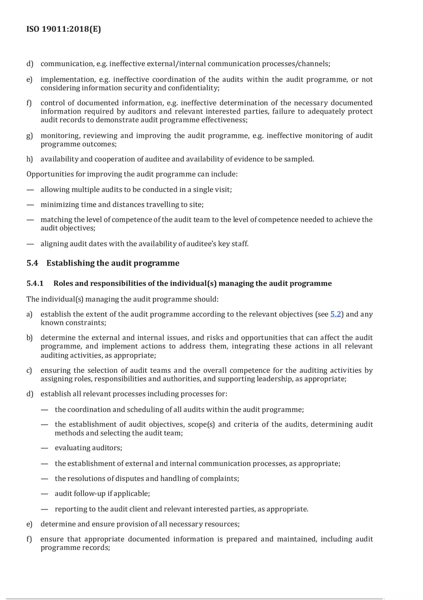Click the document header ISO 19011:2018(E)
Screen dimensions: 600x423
coord(63,29)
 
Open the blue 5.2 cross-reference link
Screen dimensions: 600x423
coord(336,314)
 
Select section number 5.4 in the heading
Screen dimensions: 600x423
coord(33,263)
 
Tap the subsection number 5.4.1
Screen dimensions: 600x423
coord(35,283)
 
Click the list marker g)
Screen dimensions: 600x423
coord(29,136)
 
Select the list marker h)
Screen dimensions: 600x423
coord(29,159)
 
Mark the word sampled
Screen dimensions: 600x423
coord(299,159)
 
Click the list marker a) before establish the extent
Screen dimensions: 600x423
coord(29,314)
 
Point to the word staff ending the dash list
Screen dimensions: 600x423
coord(240,243)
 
